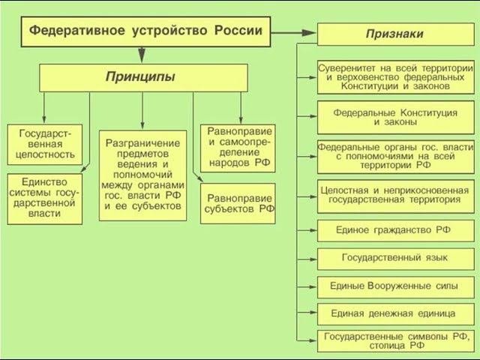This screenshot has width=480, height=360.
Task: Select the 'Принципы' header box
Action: [x=143, y=77]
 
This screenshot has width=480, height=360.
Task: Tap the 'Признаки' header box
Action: [x=394, y=34]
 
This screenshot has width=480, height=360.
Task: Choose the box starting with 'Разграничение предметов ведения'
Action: [x=143, y=175]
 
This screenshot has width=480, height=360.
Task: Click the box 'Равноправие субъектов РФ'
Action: [x=238, y=203]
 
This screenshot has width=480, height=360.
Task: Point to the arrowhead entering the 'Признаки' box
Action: [x=310, y=34]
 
